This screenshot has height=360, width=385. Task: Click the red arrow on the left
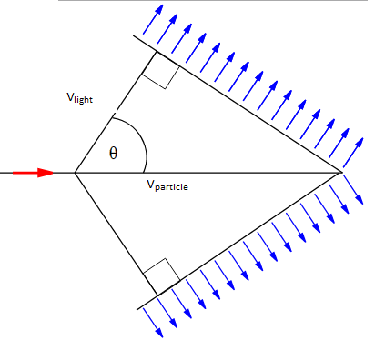pyautogui.click(x=27, y=172)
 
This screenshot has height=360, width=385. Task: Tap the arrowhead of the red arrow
pyautogui.click(x=46, y=172)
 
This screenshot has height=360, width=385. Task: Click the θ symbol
pyautogui.click(x=113, y=153)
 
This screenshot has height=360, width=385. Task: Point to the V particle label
pyautogui.click(x=167, y=185)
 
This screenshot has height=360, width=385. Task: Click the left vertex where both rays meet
pyautogui.click(x=75, y=172)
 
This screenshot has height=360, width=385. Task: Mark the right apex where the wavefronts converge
pyautogui.click(x=341, y=171)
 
